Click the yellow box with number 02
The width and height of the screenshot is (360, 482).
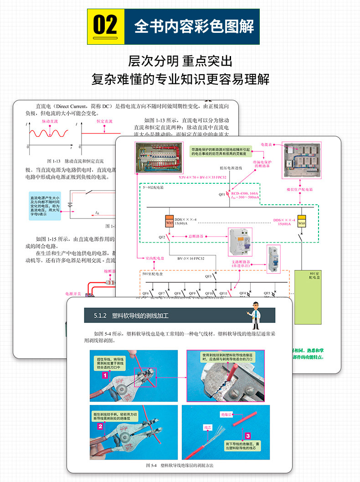(105, 26)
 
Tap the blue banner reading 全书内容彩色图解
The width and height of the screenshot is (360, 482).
(194, 26)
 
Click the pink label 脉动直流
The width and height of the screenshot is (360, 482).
(50, 121)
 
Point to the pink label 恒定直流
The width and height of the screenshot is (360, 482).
(104, 121)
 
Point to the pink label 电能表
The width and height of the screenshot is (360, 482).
(266, 144)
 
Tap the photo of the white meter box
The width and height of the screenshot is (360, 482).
(300, 161)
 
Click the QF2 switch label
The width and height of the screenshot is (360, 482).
(162, 237)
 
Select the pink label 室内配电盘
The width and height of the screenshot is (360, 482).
(155, 258)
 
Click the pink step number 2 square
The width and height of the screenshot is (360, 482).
(99, 427)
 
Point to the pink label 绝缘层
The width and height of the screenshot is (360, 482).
(226, 415)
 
